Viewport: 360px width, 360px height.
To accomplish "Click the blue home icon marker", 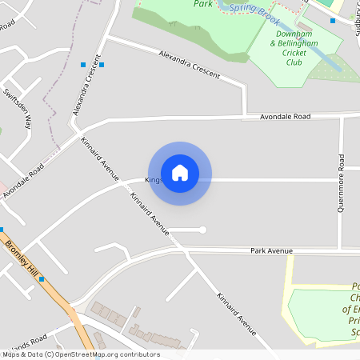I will tap(180, 173).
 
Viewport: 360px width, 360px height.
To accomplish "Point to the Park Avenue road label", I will tap(271, 251).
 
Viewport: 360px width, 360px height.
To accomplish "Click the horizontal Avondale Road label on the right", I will tap(285, 117).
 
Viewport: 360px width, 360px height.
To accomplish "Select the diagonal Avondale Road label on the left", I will tap(22, 184).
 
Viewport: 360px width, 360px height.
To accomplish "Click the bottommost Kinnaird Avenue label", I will tap(236, 314).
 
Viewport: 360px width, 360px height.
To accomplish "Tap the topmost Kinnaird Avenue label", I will tap(100, 158).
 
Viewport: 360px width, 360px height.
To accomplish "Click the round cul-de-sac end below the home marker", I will tap(202, 230).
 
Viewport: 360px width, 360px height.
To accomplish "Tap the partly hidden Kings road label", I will tap(153, 180).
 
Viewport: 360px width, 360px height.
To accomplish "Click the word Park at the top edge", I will tap(202, 3).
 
